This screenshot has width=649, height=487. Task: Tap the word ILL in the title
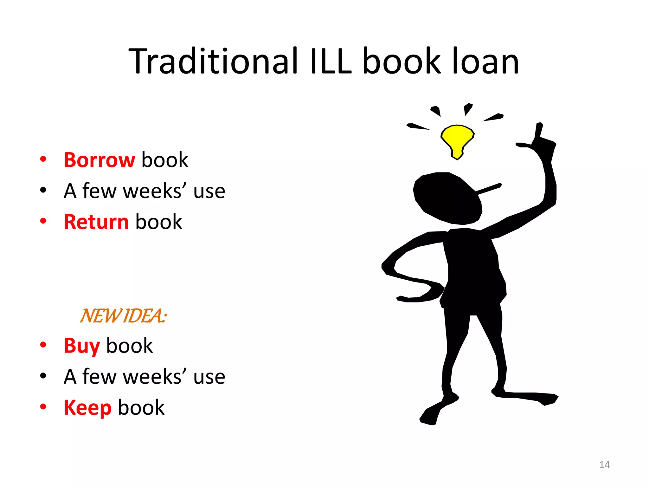click(331, 61)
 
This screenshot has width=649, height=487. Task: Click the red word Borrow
click(99, 160)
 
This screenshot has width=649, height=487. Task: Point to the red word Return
click(96, 222)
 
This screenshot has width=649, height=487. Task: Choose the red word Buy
click(82, 346)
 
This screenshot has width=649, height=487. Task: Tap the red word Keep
click(87, 408)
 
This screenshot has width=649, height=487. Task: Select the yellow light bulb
click(457, 140)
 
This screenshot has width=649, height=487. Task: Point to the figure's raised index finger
click(539, 130)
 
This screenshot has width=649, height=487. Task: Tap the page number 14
click(604, 465)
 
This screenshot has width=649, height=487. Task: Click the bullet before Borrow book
click(43, 159)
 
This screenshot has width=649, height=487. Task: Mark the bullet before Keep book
click(43, 407)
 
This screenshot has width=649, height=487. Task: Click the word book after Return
click(158, 222)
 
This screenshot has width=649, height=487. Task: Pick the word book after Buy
click(129, 346)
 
